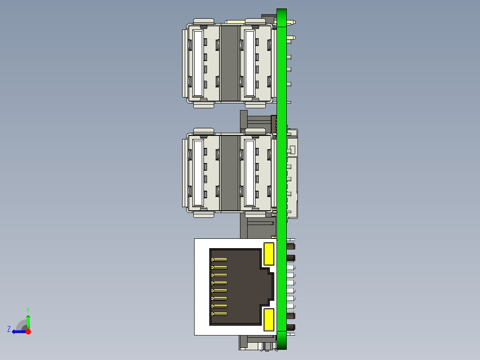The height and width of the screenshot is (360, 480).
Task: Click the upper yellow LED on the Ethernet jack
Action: (x=268, y=254)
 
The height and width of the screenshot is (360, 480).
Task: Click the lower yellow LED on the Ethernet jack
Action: (x=268, y=320)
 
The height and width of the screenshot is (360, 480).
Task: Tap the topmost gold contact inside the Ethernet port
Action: (x=219, y=260)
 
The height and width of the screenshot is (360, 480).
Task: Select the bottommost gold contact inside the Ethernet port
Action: (x=219, y=314)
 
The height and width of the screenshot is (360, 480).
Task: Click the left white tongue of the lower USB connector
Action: (x=198, y=173)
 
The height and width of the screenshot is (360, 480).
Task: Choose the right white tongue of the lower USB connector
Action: (x=249, y=173)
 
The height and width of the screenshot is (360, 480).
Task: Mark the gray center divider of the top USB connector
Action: (x=230, y=63)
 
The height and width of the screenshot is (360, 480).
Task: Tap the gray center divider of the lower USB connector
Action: (x=230, y=172)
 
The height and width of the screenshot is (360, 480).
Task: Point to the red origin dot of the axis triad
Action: (x=28, y=331)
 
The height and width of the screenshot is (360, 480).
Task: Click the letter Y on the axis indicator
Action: (x=28, y=309)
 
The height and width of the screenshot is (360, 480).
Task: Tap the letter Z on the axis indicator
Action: (x=9, y=329)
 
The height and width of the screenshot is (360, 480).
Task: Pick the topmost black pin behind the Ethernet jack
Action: (x=291, y=246)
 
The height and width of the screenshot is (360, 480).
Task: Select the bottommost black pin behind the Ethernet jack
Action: (x=291, y=328)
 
